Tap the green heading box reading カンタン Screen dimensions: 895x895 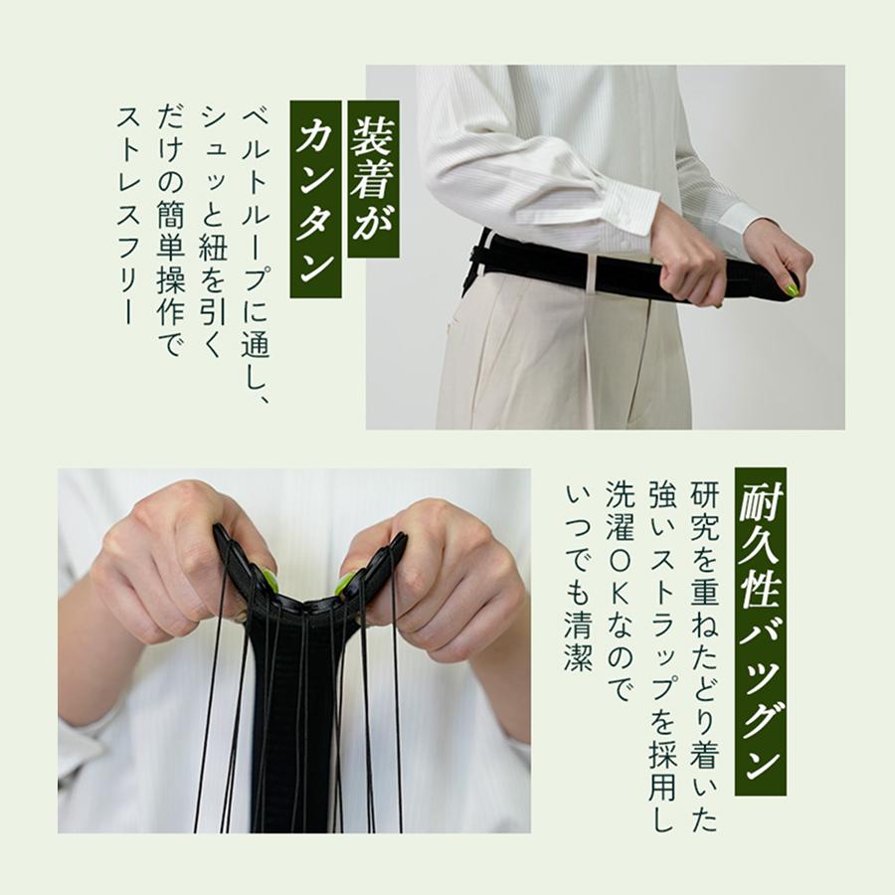coord(316,199)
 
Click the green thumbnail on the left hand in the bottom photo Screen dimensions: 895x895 coord(268,579)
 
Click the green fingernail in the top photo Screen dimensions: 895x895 coord(792,289)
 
